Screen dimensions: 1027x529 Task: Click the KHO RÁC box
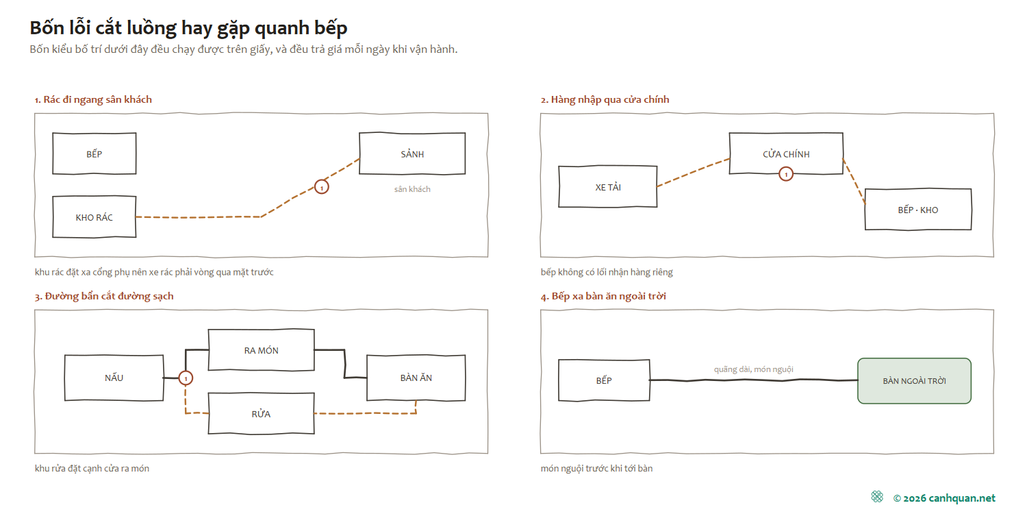tap(94, 217)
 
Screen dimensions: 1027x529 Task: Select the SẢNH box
tap(412, 153)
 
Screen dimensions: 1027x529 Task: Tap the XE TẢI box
tap(608, 187)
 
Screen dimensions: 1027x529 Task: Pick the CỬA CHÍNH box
tap(786, 153)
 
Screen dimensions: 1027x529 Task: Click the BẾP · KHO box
tap(918, 209)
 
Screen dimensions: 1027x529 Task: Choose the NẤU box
tap(114, 378)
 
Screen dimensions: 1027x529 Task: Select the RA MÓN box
tap(262, 350)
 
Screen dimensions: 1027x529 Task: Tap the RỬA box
tap(262, 413)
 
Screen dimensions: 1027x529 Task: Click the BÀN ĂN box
tap(416, 378)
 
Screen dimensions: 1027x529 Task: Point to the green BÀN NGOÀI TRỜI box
tap(914, 381)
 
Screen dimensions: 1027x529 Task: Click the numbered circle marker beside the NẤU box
tap(186, 378)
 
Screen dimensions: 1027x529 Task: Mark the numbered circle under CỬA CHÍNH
tap(786, 174)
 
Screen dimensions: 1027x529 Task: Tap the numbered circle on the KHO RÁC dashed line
tap(321, 187)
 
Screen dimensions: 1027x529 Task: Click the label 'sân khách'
tap(412, 189)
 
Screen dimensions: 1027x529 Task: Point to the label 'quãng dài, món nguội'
tap(753, 369)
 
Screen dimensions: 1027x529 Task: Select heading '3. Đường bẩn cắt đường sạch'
tap(104, 297)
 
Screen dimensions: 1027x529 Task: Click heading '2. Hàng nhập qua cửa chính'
tap(605, 99)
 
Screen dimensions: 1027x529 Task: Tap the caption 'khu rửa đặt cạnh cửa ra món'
tap(92, 469)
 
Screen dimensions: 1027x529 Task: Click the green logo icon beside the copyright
tap(877, 497)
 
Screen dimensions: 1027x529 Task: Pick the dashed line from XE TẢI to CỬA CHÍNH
tap(693, 172)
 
